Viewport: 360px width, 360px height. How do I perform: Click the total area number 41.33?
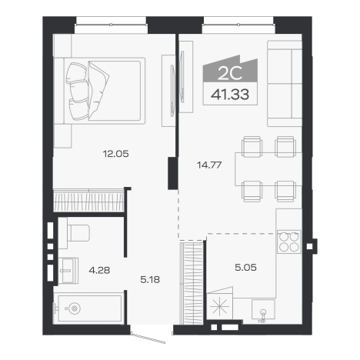(x=230, y=95)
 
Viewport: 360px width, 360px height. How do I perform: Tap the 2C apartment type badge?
(x=230, y=74)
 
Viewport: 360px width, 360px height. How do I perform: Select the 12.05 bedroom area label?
(x=115, y=154)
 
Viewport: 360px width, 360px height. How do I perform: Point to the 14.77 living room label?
(x=209, y=165)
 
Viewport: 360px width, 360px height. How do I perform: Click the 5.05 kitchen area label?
(x=245, y=268)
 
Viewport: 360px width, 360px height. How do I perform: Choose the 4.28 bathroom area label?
(x=99, y=270)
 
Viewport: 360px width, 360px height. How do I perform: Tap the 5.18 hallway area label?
(x=150, y=279)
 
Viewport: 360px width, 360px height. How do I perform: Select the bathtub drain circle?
(x=75, y=308)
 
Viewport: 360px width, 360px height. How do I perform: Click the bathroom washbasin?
(x=68, y=271)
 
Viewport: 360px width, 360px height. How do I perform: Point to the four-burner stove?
(x=288, y=242)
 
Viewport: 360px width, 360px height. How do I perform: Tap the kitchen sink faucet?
(x=262, y=315)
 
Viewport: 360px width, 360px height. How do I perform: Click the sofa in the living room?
(x=285, y=83)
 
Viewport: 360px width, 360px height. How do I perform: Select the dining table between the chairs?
(x=268, y=169)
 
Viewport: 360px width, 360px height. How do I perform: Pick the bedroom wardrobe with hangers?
(x=88, y=200)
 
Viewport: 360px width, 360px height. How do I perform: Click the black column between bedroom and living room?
(x=173, y=173)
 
